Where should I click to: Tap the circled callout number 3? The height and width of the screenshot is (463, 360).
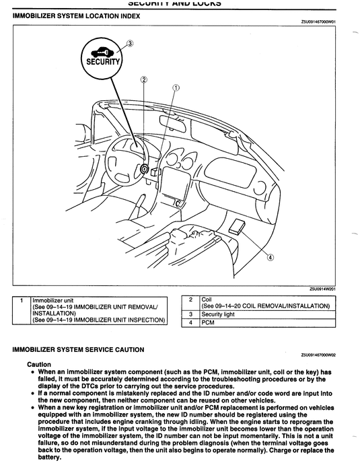[x=130, y=43]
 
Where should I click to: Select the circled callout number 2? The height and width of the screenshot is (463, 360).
[x=143, y=78]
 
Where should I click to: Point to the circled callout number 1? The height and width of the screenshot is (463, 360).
[x=176, y=87]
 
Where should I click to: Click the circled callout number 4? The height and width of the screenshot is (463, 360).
[x=271, y=256]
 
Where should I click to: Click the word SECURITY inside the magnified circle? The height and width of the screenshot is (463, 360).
[x=103, y=62]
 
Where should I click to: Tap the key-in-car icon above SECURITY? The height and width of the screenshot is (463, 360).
[x=103, y=51]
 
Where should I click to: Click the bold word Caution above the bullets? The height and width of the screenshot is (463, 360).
[x=39, y=364]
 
